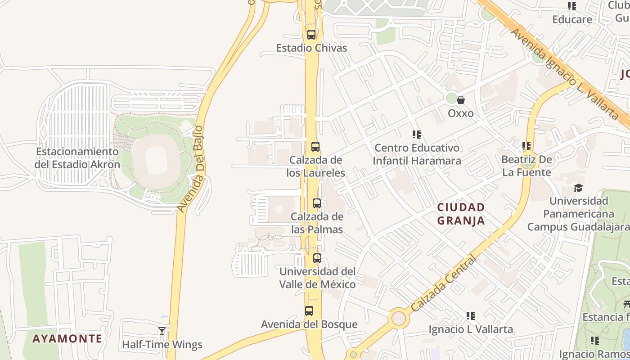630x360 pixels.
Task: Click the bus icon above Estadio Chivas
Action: pyautogui.click(x=311, y=35)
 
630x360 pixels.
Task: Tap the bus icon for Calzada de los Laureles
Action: pyautogui.click(x=315, y=146)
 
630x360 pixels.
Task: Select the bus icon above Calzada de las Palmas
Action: pyautogui.click(x=317, y=203)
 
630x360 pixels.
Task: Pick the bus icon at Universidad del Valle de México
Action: pyautogui.click(x=317, y=258)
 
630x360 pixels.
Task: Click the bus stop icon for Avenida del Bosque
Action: pyautogui.click(x=309, y=310)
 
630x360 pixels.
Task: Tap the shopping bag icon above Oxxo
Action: pyautogui.click(x=461, y=100)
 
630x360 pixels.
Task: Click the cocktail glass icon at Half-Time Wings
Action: pyautogui.click(x=162, y=331)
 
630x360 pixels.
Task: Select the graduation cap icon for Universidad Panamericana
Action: pyautogui.click(x=578, y=188)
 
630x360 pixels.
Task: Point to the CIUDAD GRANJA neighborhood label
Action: pyautogui.click(x=461, y=214)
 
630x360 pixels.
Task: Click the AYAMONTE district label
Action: pyautogui.click(x=67, y=338)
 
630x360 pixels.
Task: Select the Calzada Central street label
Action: pyautogui.click(x=443, y=284)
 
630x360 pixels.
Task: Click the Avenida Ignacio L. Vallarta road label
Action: pyautogui.click(x=565, y=74)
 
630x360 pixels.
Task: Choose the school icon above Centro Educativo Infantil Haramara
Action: pyautogui.click(x=417, y=135)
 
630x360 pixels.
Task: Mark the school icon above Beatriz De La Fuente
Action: pyautogui.click(x=526, y=146)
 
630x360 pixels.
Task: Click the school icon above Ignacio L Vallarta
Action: pyautogui.click(x=471, y=316)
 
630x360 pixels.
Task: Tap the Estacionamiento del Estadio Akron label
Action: pyautogui.click(x=77, y=158)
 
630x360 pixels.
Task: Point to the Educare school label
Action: pyautogui.click(x=572, y=19)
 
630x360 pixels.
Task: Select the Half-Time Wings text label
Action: pyautogui.click(x=162, y=345)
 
